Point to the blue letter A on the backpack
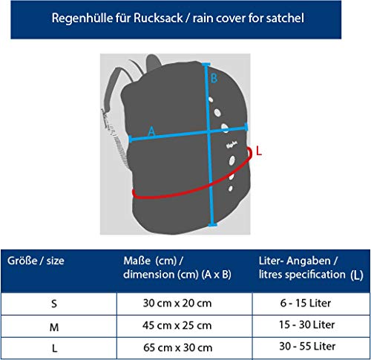(151, 131)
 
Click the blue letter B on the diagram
(214, 79)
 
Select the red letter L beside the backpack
(259, 151)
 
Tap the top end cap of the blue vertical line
(206, 65)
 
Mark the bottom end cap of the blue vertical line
(212, 225)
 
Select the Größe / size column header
(36, 261)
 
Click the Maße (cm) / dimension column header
(177, 267)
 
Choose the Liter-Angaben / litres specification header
(311, 268)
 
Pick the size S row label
(54, 304)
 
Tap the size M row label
(54, 327)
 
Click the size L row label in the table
(54, 349)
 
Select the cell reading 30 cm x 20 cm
(177, 303)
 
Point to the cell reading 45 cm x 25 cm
(177, 325)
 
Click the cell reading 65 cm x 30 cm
(177, 347)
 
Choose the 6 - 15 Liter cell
(306, 303)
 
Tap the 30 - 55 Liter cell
(307, 346)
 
